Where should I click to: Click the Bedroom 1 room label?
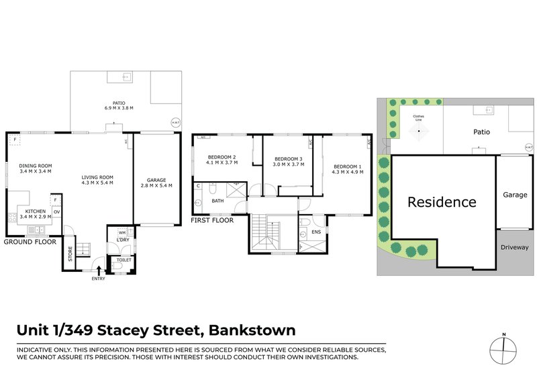[347, 167]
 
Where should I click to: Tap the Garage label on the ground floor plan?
[157, 179]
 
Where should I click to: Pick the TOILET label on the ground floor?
[124, 258]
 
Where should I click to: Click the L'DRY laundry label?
[123, 240]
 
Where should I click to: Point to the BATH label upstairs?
[217, 200]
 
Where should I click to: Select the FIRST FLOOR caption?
[212, 220]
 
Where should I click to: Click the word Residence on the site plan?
[442, 202]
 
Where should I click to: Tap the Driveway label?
[515, 247]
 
